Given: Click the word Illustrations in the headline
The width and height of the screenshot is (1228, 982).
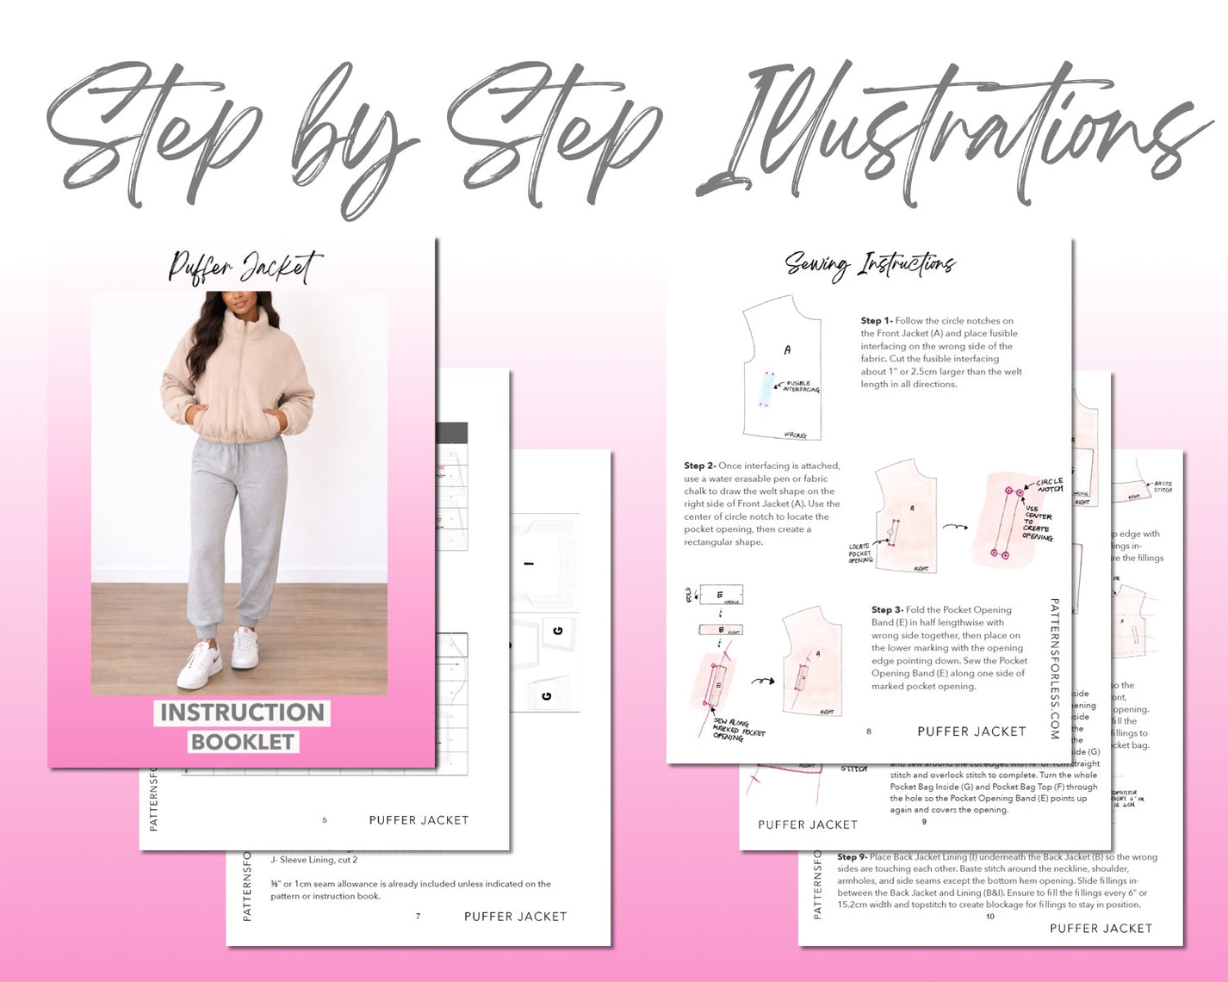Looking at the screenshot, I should [956, 129].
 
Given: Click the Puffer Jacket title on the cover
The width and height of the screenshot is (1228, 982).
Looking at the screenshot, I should [245, 267].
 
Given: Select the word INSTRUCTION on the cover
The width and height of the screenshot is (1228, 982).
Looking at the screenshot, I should [242, 713].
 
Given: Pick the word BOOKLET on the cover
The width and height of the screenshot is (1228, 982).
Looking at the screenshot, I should [243, 742].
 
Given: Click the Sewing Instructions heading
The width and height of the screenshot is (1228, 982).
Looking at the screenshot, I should [870, 264].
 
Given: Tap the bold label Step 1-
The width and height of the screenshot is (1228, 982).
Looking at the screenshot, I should [877, 321].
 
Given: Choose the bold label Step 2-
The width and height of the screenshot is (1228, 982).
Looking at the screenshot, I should [700, 466].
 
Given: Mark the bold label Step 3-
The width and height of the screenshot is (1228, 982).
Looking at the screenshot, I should [887, 609].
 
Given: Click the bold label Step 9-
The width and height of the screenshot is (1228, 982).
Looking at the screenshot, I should [852, 857].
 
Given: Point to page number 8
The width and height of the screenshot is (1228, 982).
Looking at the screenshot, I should [868, 732].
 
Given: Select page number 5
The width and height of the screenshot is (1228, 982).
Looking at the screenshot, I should [325, 820].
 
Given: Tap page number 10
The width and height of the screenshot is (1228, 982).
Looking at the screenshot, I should [989, 917].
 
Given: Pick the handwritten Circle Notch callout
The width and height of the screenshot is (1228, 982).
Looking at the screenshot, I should [1049, 485].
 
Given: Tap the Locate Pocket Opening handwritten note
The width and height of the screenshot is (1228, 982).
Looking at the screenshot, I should [860, 553].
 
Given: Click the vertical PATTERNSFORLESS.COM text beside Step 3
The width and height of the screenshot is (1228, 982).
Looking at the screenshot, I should [1054, 669].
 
